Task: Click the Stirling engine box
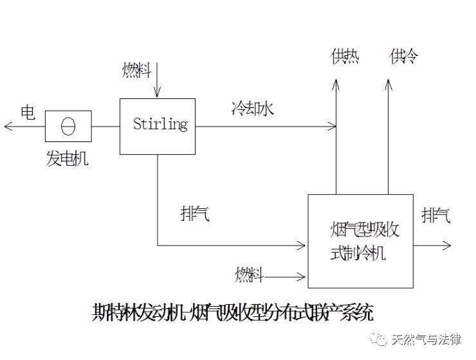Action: [x=158, y=126]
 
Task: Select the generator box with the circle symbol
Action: [x=68, y=126]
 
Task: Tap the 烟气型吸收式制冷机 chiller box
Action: [x=360, y=240]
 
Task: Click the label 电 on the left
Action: [x=28, y=112]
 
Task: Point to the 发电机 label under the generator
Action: [x=67, y=158]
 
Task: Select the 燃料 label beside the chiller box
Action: [x=249, y=276]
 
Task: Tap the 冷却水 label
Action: [x=253, y=109]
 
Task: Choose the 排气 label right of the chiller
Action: [x=436, y=215]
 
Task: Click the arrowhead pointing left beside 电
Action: [x=8, y=127]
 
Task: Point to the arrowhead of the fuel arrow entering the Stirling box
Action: [x=158, y=94]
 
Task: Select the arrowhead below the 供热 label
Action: [x=336, y=82]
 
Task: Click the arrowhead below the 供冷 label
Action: [x=388, y=82]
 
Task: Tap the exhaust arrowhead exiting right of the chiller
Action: [x=448, y=244]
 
